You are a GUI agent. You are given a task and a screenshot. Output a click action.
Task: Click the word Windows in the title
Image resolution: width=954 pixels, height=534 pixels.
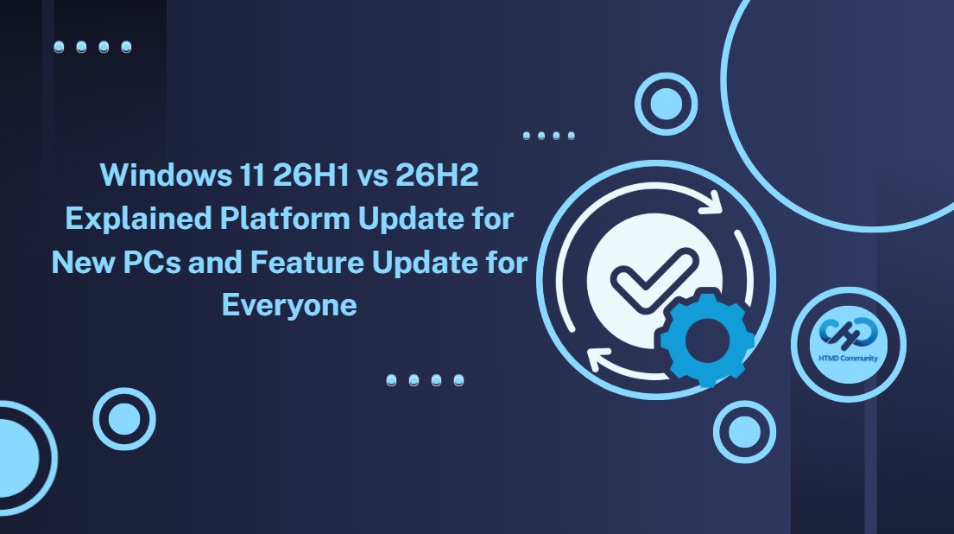pyautogui.click(x=166, y=175)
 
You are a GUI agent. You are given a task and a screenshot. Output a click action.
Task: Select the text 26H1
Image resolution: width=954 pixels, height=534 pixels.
pyautogui.click(x=311, y=175)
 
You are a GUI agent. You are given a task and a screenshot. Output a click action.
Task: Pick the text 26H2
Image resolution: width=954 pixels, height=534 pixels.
pyautogui.click(x=437, y=175)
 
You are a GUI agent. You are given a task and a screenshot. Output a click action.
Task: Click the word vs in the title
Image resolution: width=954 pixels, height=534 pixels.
pyautogui.click(x=372, y=177)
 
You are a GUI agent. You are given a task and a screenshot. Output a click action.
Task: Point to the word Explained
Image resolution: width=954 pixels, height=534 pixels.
pyautogui.click(x=138, y=219)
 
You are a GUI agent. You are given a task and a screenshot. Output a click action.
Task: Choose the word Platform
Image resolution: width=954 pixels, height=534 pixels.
pyautogui.click(x=285, y=218)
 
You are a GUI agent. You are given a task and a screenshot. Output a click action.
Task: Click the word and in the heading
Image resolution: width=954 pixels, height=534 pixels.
pyautogui.click(x=215, y=263)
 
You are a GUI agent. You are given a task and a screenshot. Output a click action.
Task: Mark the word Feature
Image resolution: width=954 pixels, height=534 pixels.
pyautogui.click(x=306, y=263)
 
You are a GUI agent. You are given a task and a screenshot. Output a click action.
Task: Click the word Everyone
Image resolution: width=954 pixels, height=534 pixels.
pyautogui.click(x=289, y=306)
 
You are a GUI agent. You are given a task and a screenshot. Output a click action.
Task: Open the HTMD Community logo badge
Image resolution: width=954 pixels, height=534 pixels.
pyautogui.click(x=849, y=345)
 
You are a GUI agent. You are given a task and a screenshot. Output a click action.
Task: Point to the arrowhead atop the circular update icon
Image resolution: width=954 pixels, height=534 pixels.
pyautogui.click(x=710, y=203)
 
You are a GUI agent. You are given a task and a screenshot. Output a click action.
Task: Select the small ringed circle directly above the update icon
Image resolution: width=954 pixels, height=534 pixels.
pyautogui.click(x=667, y=104)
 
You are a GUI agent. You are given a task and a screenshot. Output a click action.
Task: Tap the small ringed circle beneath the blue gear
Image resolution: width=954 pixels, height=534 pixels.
pyautogui.click(x=744, y=432)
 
